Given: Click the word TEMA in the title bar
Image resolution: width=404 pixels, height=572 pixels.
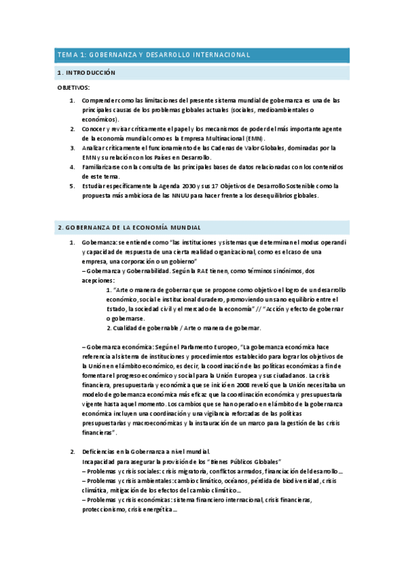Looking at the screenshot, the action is [x=67, y=55].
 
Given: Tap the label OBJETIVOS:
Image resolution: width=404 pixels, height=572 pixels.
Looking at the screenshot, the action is [x=74, y=88].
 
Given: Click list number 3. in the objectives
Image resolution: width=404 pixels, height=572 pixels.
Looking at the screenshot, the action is [x=73, y=148].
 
